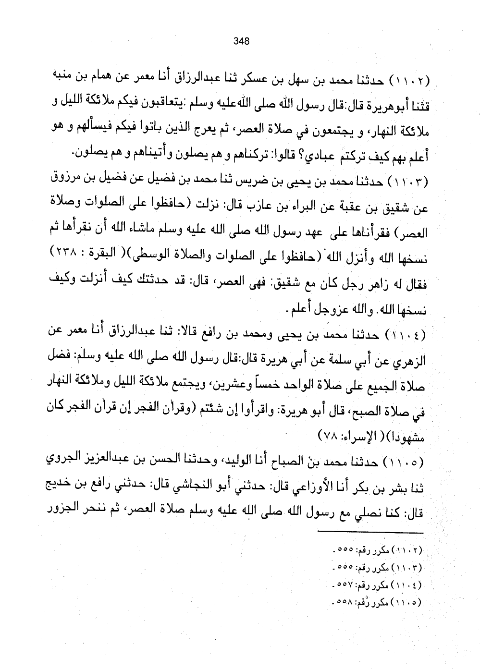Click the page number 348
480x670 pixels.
coord(241,41)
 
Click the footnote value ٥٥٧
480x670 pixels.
coord(343,585)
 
